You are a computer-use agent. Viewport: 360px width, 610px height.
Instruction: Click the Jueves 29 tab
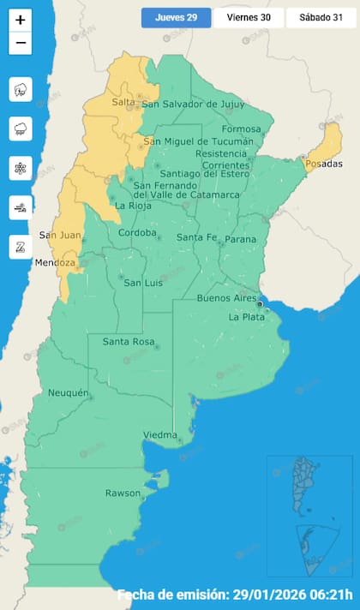176,17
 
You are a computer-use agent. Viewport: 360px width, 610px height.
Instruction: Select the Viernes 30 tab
248,17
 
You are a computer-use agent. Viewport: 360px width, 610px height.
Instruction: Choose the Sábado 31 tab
321,17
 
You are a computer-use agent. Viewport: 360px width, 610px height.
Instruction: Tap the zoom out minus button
21,42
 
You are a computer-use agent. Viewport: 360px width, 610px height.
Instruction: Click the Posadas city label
323,164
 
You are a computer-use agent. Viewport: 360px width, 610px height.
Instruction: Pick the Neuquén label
68,392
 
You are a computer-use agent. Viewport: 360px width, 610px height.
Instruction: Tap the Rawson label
122,493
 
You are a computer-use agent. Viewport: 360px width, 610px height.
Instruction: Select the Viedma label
160,434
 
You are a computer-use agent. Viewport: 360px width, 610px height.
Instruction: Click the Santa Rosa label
128,342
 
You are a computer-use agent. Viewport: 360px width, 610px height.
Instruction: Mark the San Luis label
143,282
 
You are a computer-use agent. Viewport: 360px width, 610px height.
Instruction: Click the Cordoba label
137,232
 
